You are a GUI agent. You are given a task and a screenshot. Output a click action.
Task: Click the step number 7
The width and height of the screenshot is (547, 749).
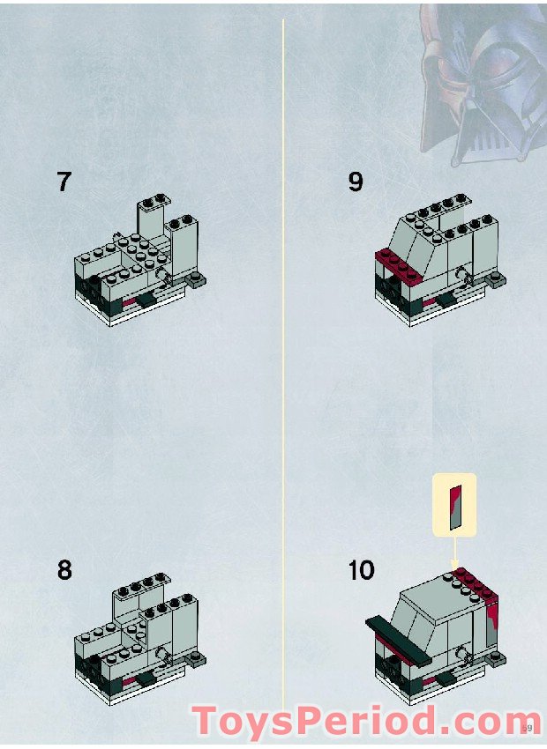coord(64,182)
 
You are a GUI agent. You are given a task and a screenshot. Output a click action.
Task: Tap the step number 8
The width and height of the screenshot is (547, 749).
coord(64,569)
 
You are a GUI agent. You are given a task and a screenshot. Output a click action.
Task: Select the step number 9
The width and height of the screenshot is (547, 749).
coord(356,182)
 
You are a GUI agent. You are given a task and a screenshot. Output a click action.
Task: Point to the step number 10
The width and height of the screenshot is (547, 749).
coord(361,569)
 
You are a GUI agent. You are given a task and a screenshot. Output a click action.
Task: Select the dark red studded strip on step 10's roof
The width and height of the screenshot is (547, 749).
coord(475,582)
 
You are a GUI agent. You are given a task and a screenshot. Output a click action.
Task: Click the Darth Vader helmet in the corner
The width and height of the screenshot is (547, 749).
coord(481,79)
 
